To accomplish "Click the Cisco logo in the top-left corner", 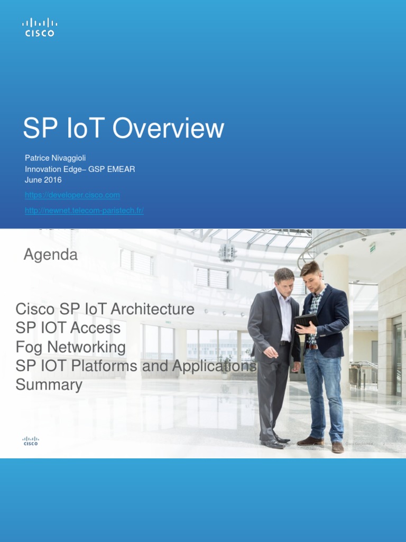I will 40,27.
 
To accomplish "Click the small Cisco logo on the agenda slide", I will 31,441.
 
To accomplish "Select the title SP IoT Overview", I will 124,129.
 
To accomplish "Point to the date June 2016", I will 43,180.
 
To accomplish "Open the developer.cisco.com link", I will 72,195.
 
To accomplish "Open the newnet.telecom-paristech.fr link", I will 84,211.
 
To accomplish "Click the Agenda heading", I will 51,255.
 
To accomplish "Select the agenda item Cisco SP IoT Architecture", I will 105,309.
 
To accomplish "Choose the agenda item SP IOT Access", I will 68,328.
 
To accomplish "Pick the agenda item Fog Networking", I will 71,347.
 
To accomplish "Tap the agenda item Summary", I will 49,385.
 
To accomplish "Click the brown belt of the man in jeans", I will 312,347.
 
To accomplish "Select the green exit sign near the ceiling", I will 373,247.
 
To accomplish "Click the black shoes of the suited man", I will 275,442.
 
